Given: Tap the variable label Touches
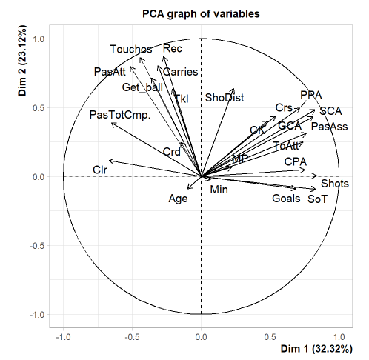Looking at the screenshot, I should [131, 50].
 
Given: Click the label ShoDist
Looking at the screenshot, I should [225, 97].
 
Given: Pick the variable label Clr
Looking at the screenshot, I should [100, 170].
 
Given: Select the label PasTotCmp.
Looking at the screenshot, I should [119, 115].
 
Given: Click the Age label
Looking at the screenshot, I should [179, 199].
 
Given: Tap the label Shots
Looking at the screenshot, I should [334, 183].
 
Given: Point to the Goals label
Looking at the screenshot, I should [286, 199].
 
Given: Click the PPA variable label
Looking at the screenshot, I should [311, 95].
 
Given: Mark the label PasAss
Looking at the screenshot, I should [330, 127].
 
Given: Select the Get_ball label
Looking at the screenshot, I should [142, 87].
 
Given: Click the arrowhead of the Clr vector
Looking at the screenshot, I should [109, 160].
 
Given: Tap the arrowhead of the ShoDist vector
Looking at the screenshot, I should [233, 88].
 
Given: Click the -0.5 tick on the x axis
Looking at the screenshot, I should [132, 337].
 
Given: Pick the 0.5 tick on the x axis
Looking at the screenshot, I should [270, 337].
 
